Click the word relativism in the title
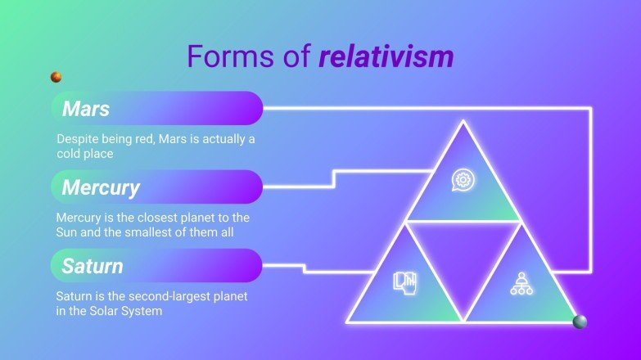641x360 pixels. tap(386, 56)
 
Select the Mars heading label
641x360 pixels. tap(86, 108)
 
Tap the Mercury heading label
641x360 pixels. tap(102, 187)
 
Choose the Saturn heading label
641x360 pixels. tap(93, 266)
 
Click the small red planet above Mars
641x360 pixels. tap(56, 77)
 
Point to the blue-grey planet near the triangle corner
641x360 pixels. tap(580, 322)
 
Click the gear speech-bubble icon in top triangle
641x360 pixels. tap(463, 180)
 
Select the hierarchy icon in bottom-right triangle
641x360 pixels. tap(521, 283)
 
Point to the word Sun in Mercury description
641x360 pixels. tap(67, 232)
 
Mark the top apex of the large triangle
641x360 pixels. tap(463, 123)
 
